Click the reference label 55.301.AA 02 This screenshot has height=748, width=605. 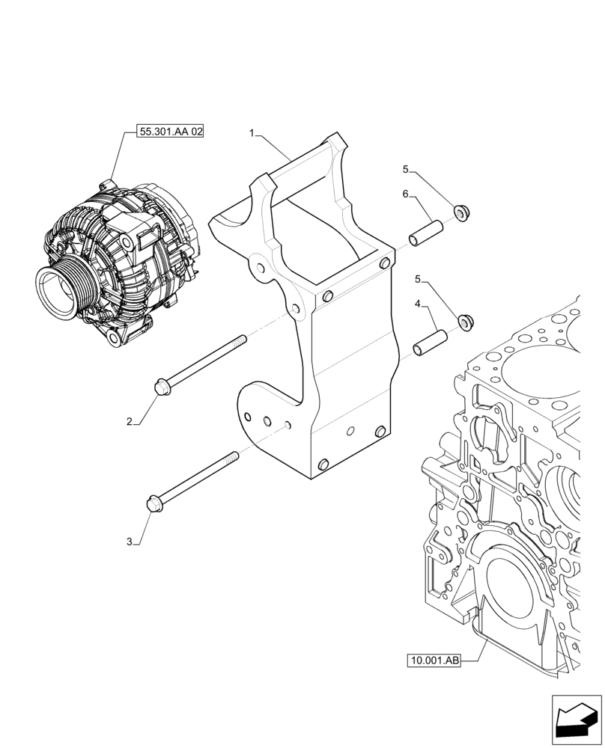click(x=171, y=132)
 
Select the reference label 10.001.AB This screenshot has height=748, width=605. click(x=434, y=660)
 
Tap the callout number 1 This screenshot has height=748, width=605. click(x=253, y=133)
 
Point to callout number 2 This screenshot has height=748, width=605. click(x=129, y=422)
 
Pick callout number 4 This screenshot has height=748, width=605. click(x=417, y=304)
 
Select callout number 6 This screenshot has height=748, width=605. click(x=405, y=194)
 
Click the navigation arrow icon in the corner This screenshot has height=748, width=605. click(x=576, y=720)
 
